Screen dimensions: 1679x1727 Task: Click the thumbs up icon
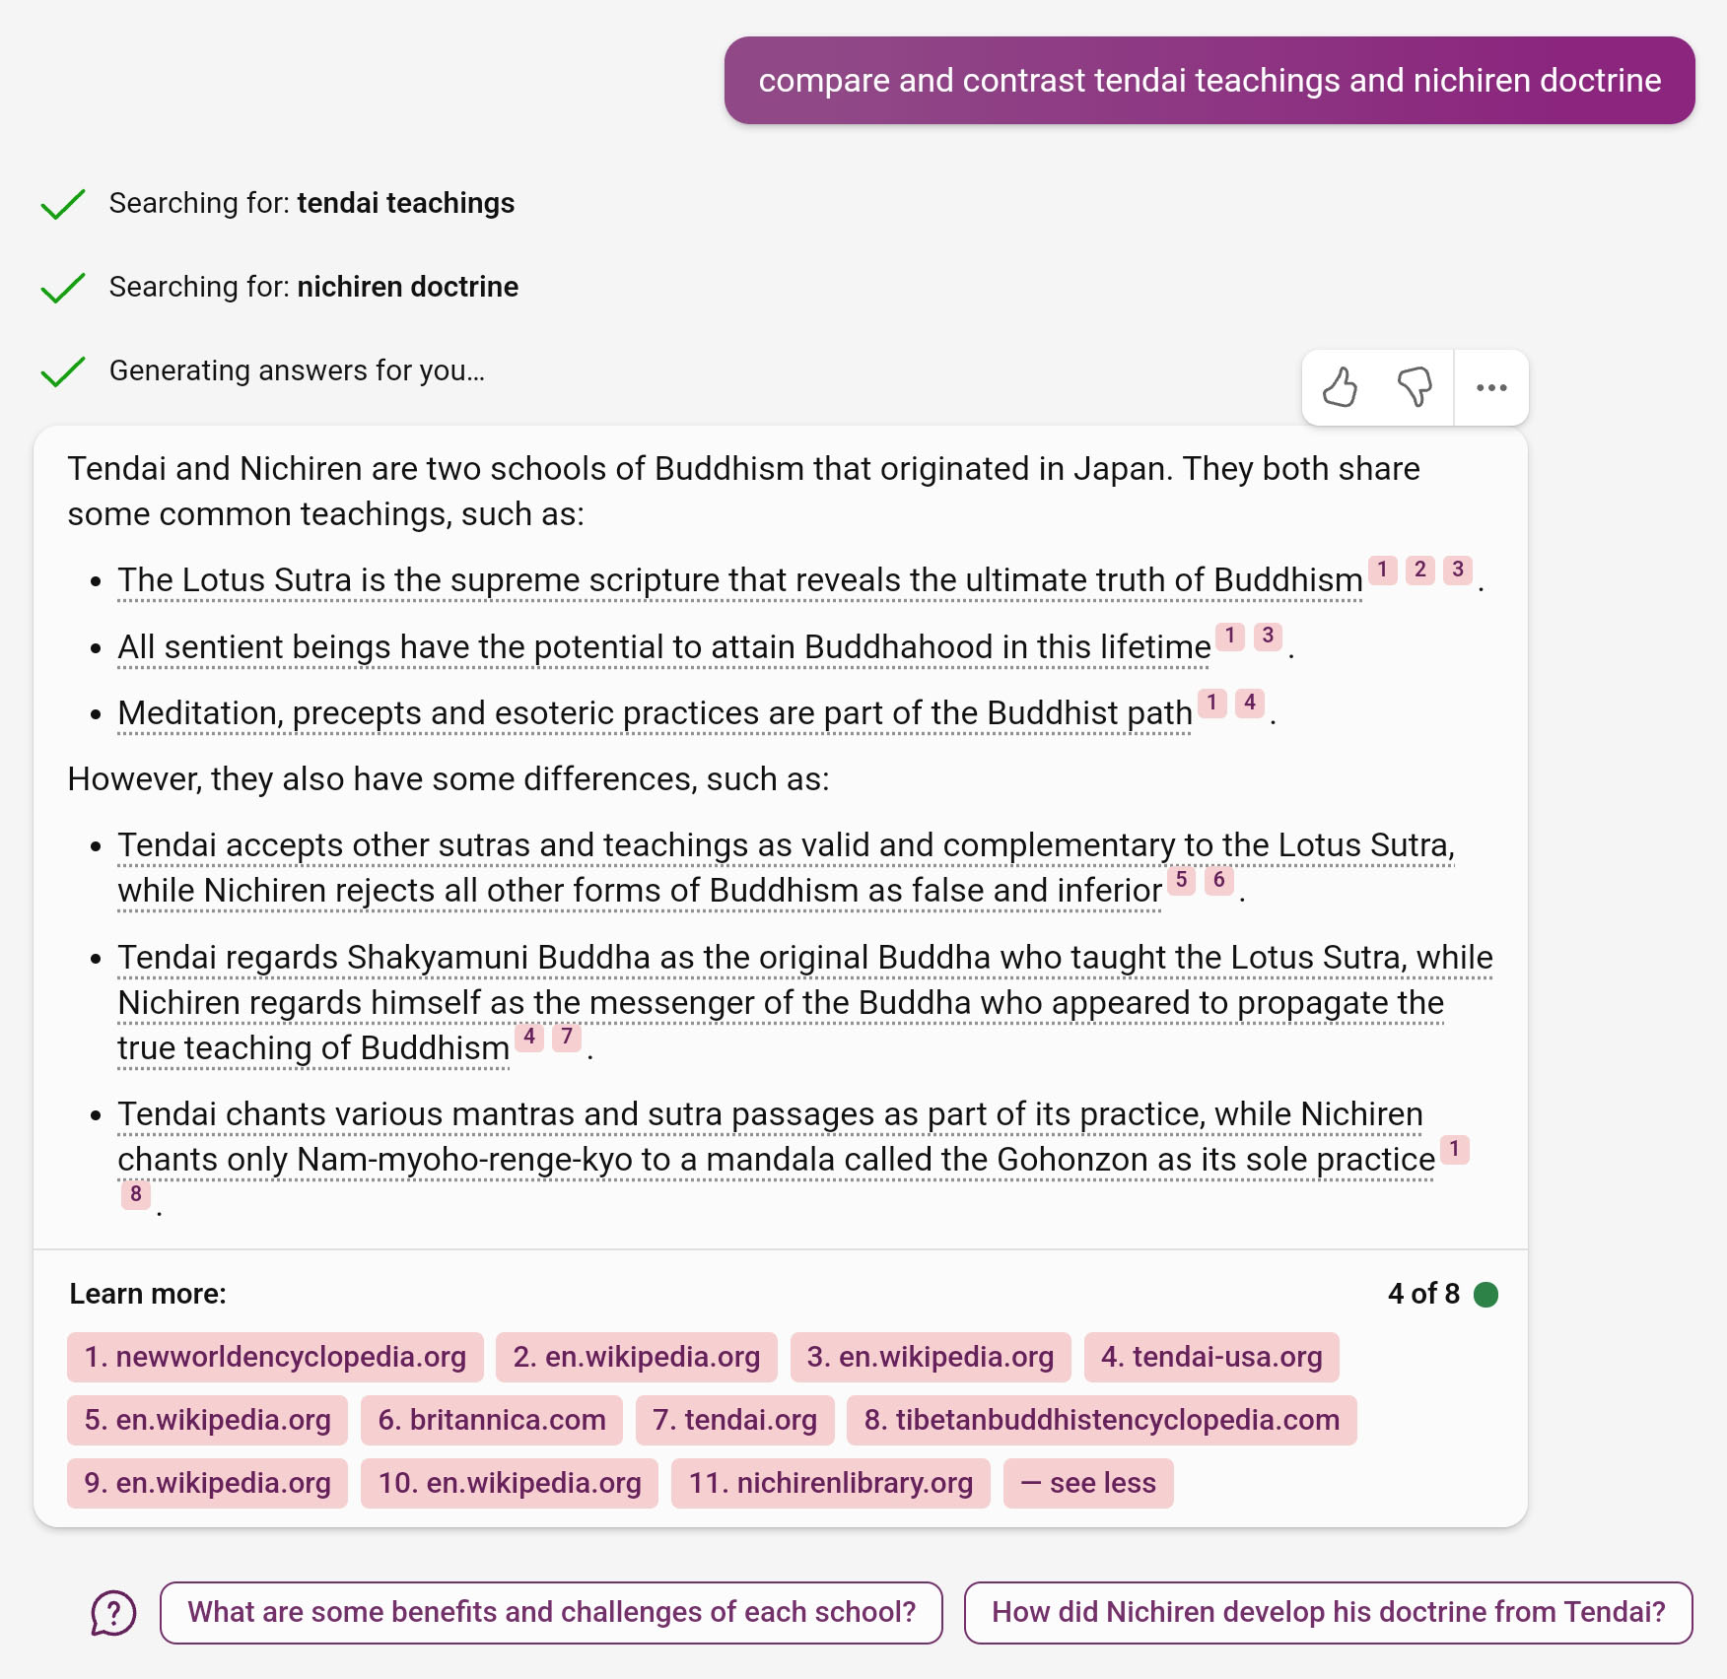[1340, 387]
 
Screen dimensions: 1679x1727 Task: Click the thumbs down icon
[1415, 387]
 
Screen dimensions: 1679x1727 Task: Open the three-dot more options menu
[1491, 387]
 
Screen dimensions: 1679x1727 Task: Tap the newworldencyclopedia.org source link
[275, 1357]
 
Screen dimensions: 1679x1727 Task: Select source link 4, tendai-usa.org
[1211, 1357]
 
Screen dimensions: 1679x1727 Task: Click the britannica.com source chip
[492, 1420]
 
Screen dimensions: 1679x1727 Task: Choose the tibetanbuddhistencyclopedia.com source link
[1101, 1420]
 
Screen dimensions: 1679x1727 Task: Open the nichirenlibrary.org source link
[830, 1483]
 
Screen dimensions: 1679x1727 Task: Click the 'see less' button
[1088, 1483]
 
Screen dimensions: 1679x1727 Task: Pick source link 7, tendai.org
[735, 1420]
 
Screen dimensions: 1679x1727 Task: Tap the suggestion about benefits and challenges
[551, 1612]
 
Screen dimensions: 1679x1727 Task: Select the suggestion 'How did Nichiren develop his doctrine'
[1328, 1612]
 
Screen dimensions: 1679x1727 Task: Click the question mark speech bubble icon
[113, 1613]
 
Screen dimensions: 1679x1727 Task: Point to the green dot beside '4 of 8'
[1485, 1294]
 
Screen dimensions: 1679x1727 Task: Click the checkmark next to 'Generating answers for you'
[63, 371]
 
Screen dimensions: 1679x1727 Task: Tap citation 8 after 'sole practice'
[136, 1194]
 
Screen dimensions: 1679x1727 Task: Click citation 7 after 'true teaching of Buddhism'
[567, 1037]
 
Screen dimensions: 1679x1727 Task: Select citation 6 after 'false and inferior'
[1219, 879]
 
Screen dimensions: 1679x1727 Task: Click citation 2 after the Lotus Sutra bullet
[1420, 570]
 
